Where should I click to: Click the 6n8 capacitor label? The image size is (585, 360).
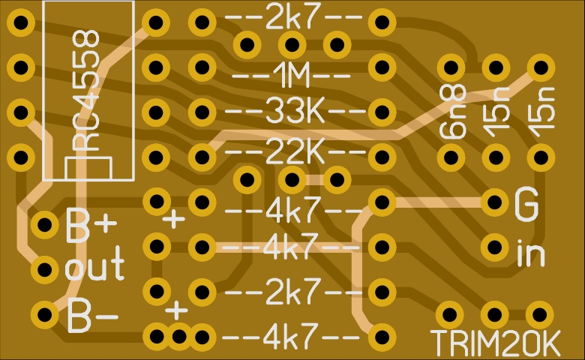pos(454,112)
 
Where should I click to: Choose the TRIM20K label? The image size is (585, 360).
pos(496,344)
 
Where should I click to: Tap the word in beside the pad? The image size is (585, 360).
pos(530,254)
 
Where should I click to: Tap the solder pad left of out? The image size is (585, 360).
pos(44,268)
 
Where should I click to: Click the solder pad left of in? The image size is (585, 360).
pos(494,245)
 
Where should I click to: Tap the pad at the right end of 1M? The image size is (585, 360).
pos(382,68)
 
